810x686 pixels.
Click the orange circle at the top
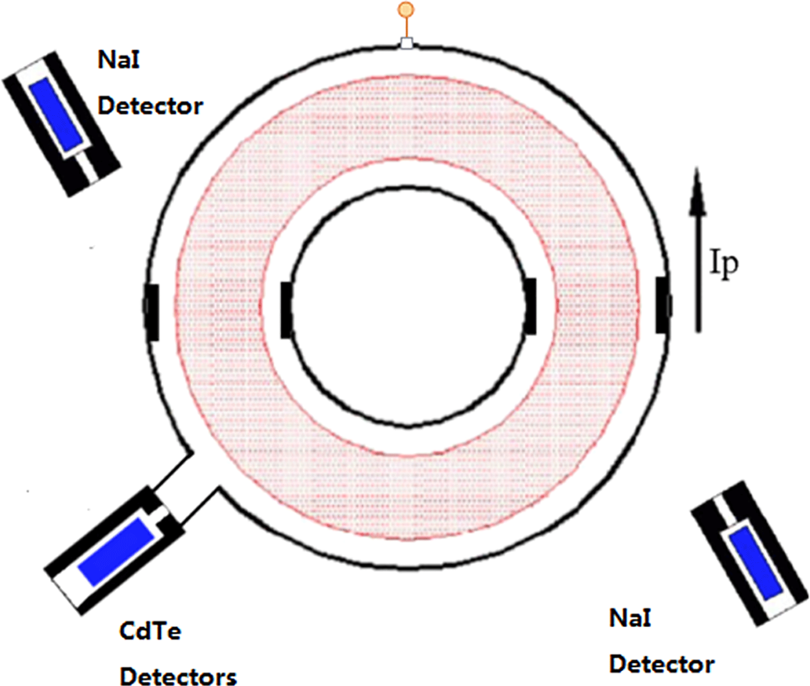click(x=406, y=9)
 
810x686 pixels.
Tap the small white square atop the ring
click(x=406, y=43)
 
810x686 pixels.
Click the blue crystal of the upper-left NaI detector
click(x=56, y=114)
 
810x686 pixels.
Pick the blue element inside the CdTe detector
click(x=116, y=551)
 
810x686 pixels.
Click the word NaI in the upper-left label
click(x=119, y=60)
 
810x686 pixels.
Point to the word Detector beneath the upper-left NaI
click(x=150, y=106)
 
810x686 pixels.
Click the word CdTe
click(x=150, y=631)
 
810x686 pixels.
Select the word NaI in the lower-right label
click(x=630, y=618)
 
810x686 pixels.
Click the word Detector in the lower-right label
click(x=662, y=664)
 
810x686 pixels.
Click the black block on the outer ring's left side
click(x=152, y=312)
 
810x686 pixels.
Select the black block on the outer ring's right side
click(x=663, y=305)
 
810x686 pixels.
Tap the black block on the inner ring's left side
click(x=286, y=310)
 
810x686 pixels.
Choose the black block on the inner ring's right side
click(x=531, y=306)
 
